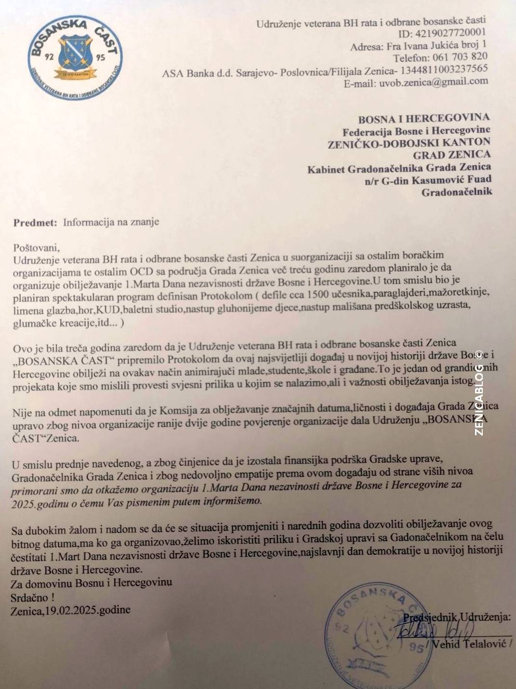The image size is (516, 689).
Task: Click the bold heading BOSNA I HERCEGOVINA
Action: point(423,118)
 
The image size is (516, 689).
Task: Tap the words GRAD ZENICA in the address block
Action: point(451,155)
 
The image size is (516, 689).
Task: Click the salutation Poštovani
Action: point(36,248)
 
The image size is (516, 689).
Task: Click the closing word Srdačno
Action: point(30,598)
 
